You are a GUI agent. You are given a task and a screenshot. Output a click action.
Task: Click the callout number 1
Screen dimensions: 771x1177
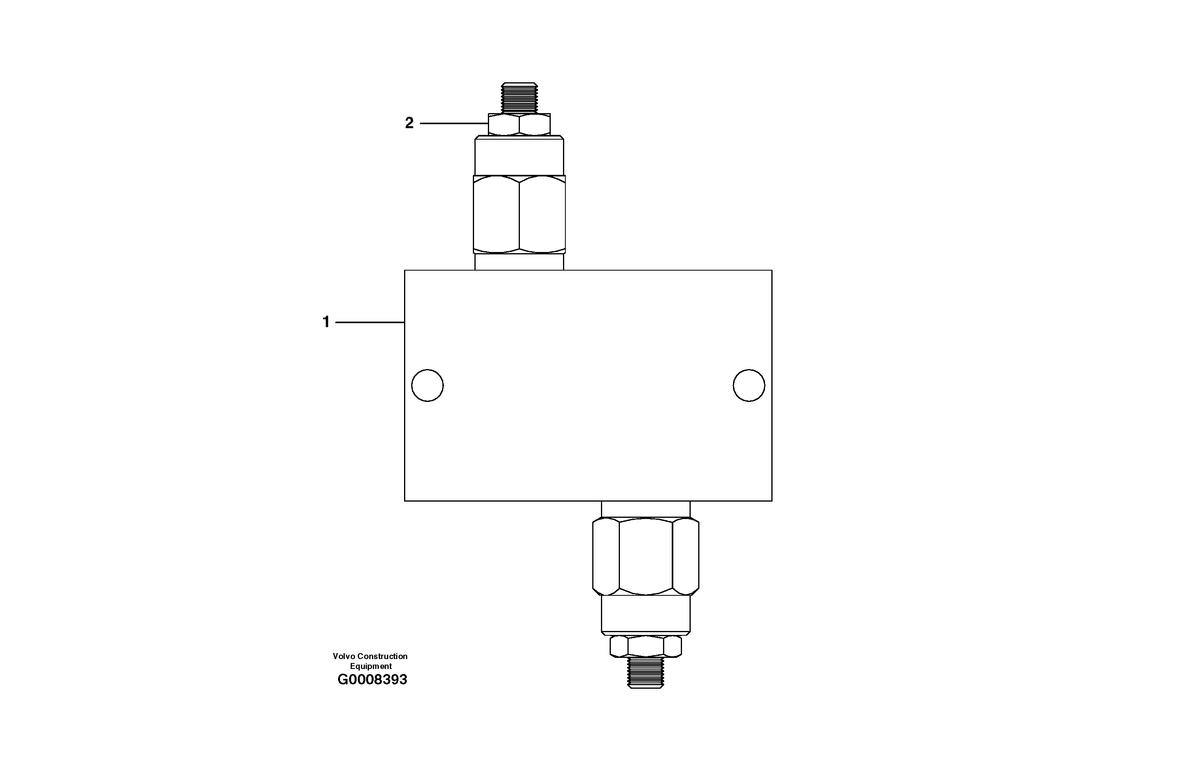coord(326,322)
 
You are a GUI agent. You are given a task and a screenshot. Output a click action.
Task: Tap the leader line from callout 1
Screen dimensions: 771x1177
coord(370,323)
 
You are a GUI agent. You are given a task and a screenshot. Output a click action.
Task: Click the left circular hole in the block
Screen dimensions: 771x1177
coord(427,385)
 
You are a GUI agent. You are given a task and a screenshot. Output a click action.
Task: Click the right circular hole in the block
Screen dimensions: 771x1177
coord(749,385)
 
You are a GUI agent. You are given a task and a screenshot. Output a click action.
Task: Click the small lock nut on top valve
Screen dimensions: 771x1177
coord(519,125)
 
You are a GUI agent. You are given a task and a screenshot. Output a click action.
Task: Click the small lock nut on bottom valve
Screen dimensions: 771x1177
coord(645,646)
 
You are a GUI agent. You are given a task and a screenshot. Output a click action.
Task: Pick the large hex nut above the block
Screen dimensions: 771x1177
coord(519,214)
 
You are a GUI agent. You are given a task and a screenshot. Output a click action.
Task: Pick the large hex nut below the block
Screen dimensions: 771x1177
coord(645,556)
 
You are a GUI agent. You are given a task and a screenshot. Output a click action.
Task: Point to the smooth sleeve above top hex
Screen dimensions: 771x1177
coord(519,156)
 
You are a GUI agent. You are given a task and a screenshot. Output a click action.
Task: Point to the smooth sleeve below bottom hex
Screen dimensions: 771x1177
coord(645,614)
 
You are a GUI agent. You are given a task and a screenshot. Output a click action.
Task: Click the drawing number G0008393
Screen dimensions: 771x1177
coord(372,680)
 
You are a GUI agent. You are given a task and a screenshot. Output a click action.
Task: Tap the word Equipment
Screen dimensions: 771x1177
coord(371,666)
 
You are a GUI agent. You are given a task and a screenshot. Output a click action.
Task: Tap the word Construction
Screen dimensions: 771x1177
coord(383,656)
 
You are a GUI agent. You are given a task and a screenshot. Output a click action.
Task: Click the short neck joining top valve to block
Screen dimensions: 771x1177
coord(519,262)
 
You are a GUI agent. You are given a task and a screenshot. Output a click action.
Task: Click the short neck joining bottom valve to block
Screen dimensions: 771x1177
coord(645,509)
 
